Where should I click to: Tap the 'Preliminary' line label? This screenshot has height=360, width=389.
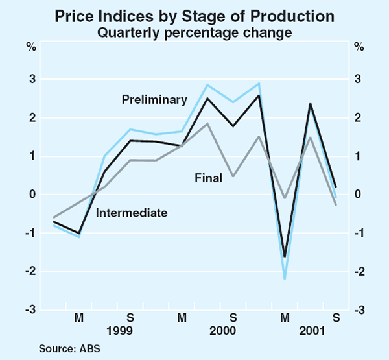[154, 99]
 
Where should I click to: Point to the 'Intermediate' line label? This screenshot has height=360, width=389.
[132, 212]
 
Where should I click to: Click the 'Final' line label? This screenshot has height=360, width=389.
[209, 176]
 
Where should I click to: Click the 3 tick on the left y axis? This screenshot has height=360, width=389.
[32, 79]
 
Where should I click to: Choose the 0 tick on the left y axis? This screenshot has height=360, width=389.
[32, 195]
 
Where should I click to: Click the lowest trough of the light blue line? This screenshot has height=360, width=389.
[284, 278]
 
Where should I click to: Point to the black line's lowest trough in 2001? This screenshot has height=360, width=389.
[284, 256]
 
